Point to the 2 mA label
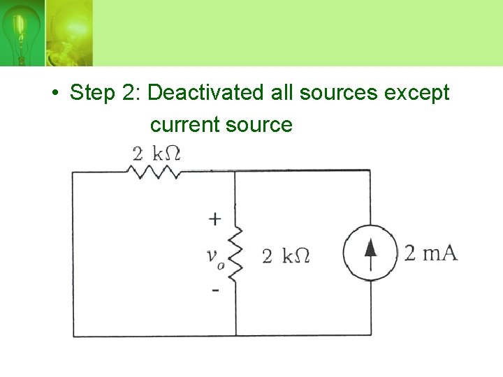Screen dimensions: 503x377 click(x=431, y=253)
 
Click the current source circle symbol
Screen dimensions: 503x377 click(x=370, y=253)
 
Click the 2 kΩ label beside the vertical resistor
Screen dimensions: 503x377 click(x=285, y=256)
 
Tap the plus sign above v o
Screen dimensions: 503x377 click(x=215, y=219)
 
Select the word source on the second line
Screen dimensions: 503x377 click(x=259, y=124)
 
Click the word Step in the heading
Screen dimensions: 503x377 click(x=94, y=92)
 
